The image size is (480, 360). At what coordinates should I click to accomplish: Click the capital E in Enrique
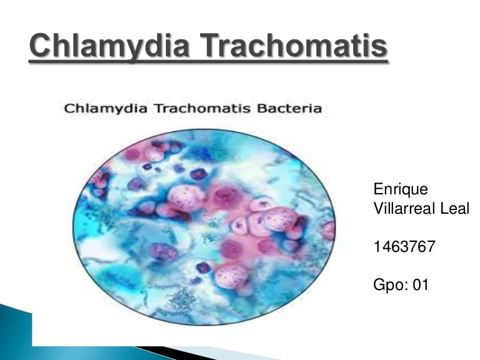tap(377, 188)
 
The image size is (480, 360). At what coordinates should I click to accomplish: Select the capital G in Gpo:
tap(378, 286)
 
